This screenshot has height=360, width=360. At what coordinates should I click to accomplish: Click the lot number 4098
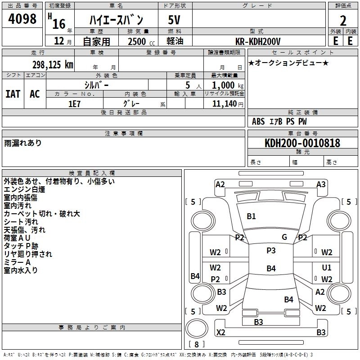click(x=22, y=18)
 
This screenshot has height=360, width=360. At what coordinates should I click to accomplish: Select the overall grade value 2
click(x=343, y=21)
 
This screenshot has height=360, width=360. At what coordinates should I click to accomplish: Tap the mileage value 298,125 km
click(x=53, y=65)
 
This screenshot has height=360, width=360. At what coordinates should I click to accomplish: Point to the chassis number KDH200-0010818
click(x=302, y=143)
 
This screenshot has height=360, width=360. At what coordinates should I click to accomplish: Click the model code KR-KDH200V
click(x=258, y=41)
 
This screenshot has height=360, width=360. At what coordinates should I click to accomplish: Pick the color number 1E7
click(x=74, y=104)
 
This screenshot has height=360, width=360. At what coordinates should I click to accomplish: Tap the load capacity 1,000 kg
click(x=228, y=85)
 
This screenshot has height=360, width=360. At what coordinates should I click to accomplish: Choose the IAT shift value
click(x=13, y=94)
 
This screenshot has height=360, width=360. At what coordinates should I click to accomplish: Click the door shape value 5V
click(x=174, y=20)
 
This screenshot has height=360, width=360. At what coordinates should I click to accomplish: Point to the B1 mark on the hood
click(x=251, y=216)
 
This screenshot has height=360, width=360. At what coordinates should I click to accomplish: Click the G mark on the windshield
click(x=284, y=237)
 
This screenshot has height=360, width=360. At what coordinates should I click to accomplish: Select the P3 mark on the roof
click(x=271, y=251)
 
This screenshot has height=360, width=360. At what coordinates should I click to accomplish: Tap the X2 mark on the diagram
click(x=220, y=332)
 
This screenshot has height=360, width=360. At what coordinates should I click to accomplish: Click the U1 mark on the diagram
click(x=327, y=267)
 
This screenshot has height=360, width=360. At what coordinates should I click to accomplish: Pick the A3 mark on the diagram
click(x=321, y=184)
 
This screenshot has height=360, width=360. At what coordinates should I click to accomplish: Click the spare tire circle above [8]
click(x=197, y=329)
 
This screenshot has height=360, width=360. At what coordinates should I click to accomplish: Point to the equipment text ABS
click(x=258, y=121)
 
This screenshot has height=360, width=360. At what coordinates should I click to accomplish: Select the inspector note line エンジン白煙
click(x=24, y=189)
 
